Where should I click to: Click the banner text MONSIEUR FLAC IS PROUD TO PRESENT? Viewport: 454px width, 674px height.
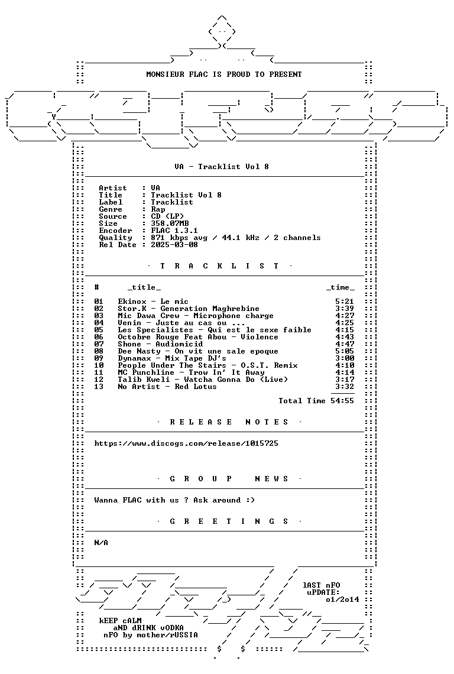(224, 74)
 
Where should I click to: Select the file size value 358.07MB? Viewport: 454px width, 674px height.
(170, 223)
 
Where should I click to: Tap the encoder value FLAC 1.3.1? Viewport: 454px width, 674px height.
(174, 231)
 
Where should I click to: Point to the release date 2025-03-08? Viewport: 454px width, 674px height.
(174, 245)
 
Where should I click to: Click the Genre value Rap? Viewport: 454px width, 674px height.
(158, 209)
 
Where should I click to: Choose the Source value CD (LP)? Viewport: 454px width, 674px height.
(168, 216)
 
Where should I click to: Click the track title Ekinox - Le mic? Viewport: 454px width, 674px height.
(153, 302)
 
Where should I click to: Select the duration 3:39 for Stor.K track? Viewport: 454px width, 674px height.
(345, 309)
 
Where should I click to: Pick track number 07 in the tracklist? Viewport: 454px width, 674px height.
(99, 344)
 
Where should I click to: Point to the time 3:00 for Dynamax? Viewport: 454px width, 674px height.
(345, 358)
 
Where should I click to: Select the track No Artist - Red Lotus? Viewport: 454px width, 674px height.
(167, 387)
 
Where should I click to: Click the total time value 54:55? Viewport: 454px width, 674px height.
(342, 401)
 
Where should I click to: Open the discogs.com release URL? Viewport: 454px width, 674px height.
(186, 443)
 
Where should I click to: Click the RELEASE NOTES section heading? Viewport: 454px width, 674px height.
(229, 422)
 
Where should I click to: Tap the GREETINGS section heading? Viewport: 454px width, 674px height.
(229, 521)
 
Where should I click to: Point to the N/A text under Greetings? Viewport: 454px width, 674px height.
(101, 543)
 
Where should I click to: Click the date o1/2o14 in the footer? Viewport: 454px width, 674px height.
(342, 600)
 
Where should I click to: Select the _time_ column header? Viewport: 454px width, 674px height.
(340, 287)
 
